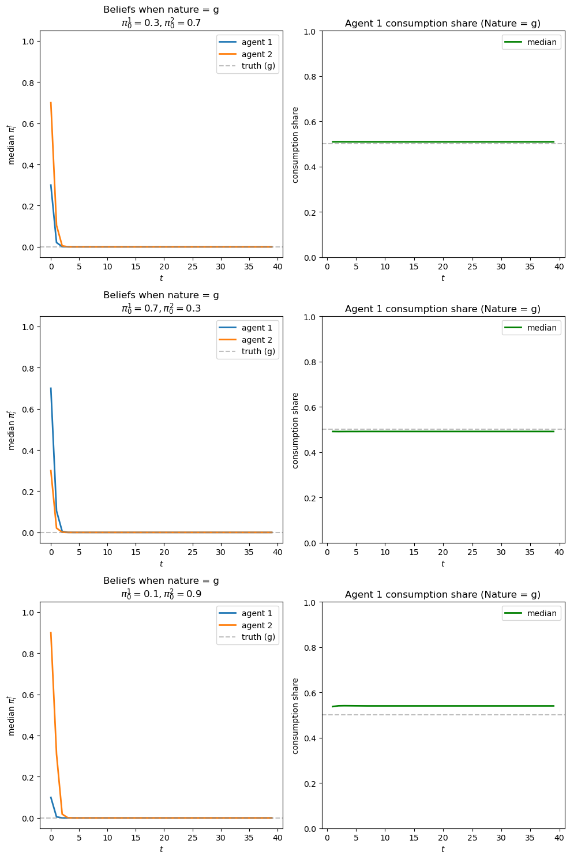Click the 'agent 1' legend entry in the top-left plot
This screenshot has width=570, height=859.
pos(257,42)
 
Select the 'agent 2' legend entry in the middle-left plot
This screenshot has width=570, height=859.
pos(257,340)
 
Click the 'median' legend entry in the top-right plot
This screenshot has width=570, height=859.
pos(542,42)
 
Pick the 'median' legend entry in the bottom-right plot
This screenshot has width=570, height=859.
pos(542,613)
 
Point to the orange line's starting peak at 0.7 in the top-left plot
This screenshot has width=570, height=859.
pos(51,103)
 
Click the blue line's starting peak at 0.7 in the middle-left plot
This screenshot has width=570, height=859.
pos(51,388)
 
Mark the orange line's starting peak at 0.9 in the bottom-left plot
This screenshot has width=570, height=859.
pos(51,633)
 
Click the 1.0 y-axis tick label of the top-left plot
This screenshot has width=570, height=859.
pos(28,42)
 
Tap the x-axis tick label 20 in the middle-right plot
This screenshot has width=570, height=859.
pos(443,553)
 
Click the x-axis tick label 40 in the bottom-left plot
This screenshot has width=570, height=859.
pos(277,838)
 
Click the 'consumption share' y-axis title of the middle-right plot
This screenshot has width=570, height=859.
pos(295,430)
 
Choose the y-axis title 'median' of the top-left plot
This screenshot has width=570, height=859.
pos(11,144)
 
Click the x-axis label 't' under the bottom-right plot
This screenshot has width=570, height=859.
pos(443,849)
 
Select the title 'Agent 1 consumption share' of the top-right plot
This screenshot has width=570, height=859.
pos(442,24)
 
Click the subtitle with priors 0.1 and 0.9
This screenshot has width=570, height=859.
pos(161,594)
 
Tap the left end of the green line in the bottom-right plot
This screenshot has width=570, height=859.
pos(333,706)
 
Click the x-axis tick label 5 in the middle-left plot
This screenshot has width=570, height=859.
pos(79,553)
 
